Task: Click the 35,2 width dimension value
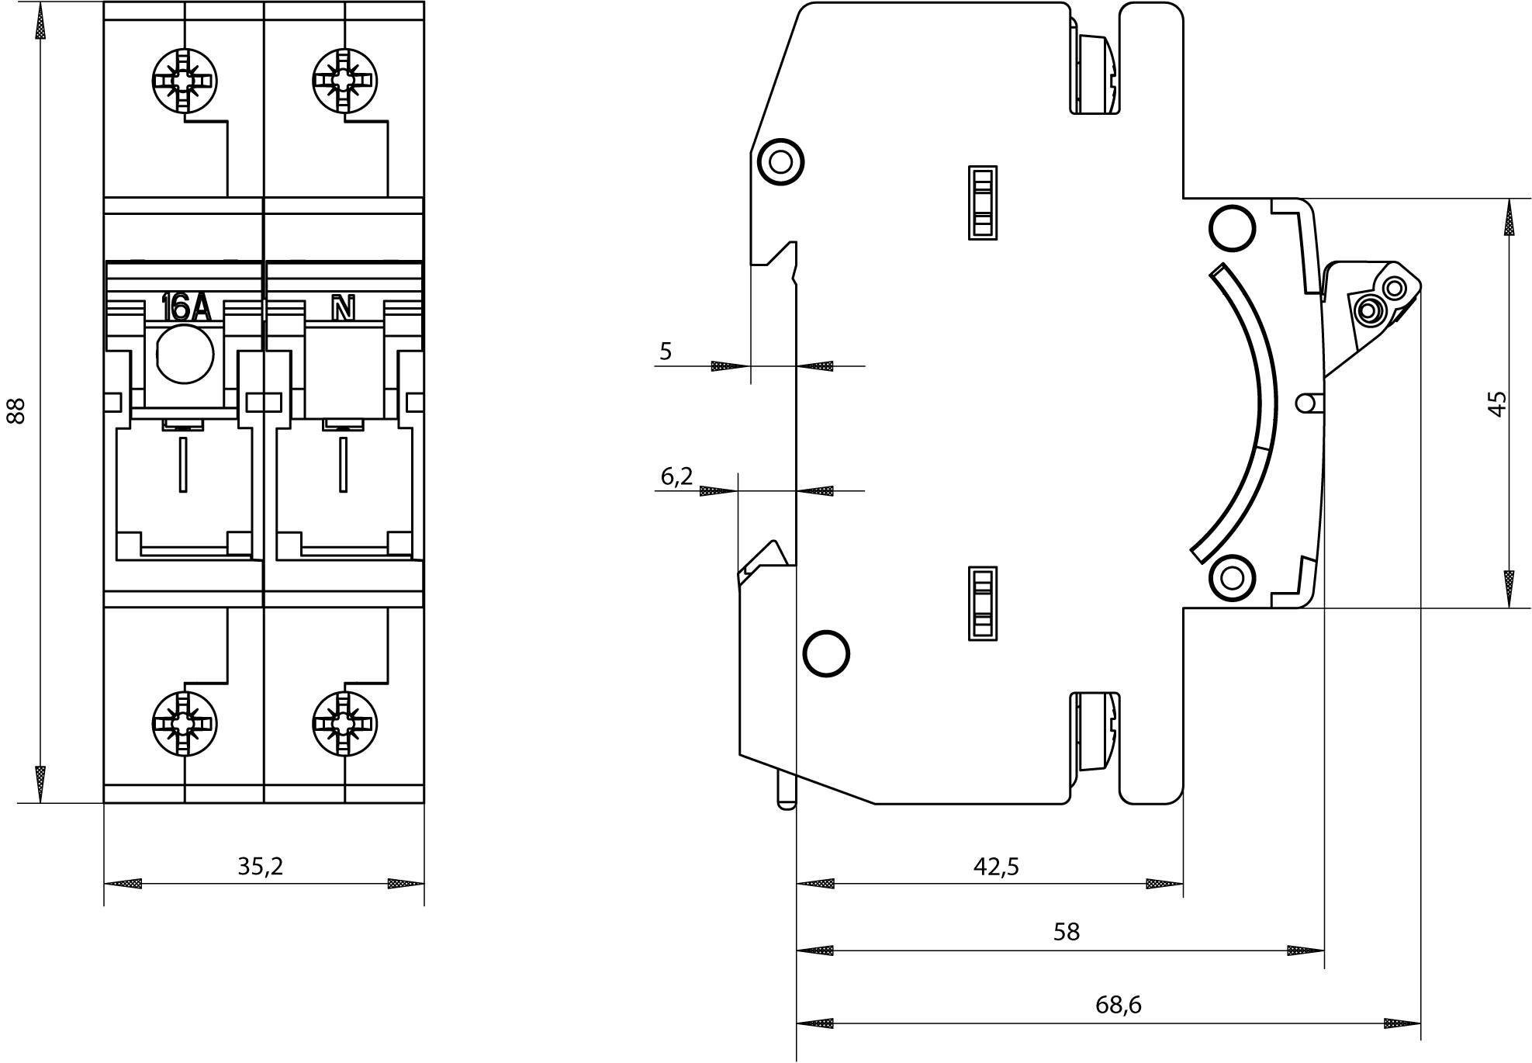(261, 867)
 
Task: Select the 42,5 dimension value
(996, 867)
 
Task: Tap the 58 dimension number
(1067, 932)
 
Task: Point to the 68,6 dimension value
(1119, 1006)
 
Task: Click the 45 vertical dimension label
(1497, 403)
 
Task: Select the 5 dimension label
(666, 351)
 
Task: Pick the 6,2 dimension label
(676, 476)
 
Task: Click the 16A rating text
(185, 308)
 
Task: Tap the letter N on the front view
(343, 309)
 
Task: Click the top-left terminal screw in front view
(184, 81)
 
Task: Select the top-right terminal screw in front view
(344, 81)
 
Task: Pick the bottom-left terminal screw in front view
(184, 723)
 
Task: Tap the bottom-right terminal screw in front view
(344, 723)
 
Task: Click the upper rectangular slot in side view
(983, 203)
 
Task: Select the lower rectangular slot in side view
(983, 604)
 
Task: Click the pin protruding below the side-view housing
(786, 791)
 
